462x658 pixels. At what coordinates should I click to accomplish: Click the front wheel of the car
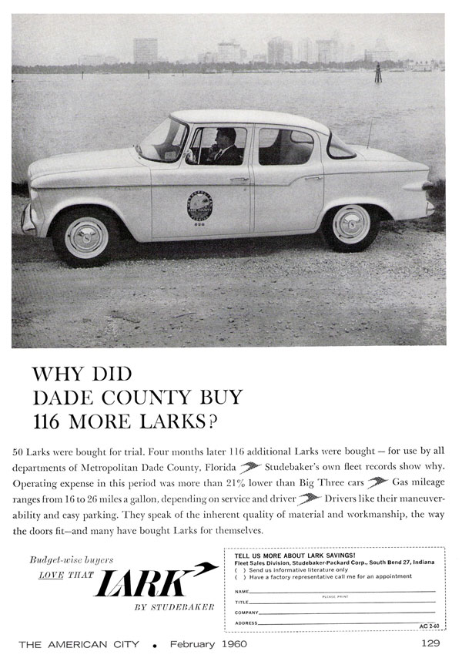tap(85, 237)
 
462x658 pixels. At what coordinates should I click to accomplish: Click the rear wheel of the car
tap(350, 223)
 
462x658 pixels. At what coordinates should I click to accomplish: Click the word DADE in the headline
tap(61, 398)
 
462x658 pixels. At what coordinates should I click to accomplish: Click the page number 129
tap(430, 642)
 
